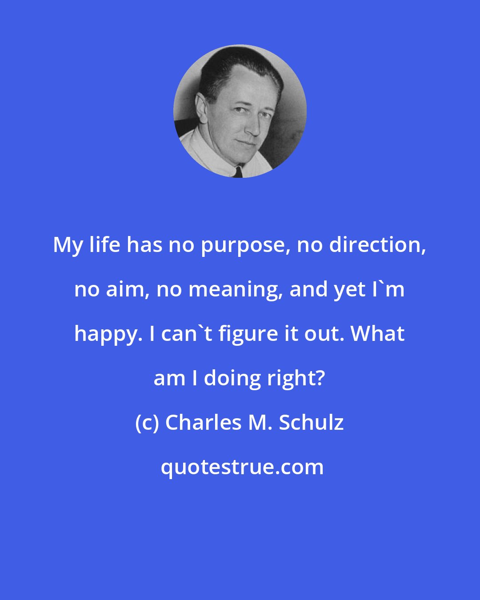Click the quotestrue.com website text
[242, 467]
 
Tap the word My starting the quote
[68, 245]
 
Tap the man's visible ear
[201, 108]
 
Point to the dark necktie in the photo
[238, 172]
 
